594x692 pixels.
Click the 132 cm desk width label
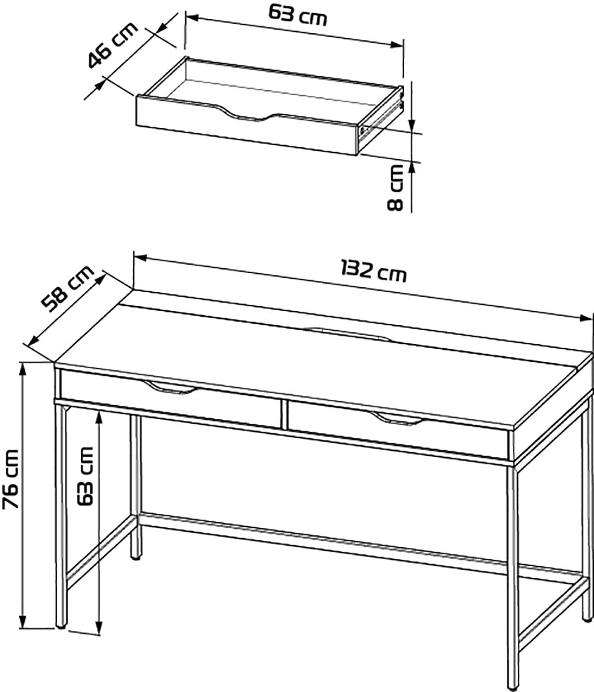click(x=373, y=270)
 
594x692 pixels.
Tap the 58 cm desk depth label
click(x=68, y=288)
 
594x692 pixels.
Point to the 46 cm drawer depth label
click(x=113, y=46)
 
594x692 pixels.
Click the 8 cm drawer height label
click(x=396, y=187)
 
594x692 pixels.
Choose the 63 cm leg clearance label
click(x=85, y=476)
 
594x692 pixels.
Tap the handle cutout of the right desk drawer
click(x=397, y=419)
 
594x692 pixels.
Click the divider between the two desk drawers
click(x=283, y=414)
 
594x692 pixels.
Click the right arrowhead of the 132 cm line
click(x=586, y=318)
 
